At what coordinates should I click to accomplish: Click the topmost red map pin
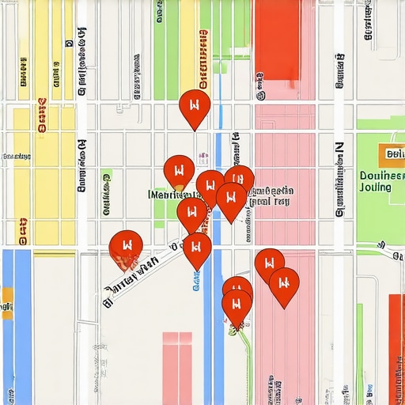click(195, 108)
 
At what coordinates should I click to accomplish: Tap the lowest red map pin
click(236, 306)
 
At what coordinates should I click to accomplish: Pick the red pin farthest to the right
click(284, 285)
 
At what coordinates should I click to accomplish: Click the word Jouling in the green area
click(375, 187)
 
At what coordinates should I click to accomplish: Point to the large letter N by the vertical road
click(339, 149)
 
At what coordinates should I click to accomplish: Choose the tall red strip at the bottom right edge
click(396, 348)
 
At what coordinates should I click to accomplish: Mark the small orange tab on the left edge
click(6, 298)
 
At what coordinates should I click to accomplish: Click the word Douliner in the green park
click(381, 176)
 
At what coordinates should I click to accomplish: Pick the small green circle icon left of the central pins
click(107, 175)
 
